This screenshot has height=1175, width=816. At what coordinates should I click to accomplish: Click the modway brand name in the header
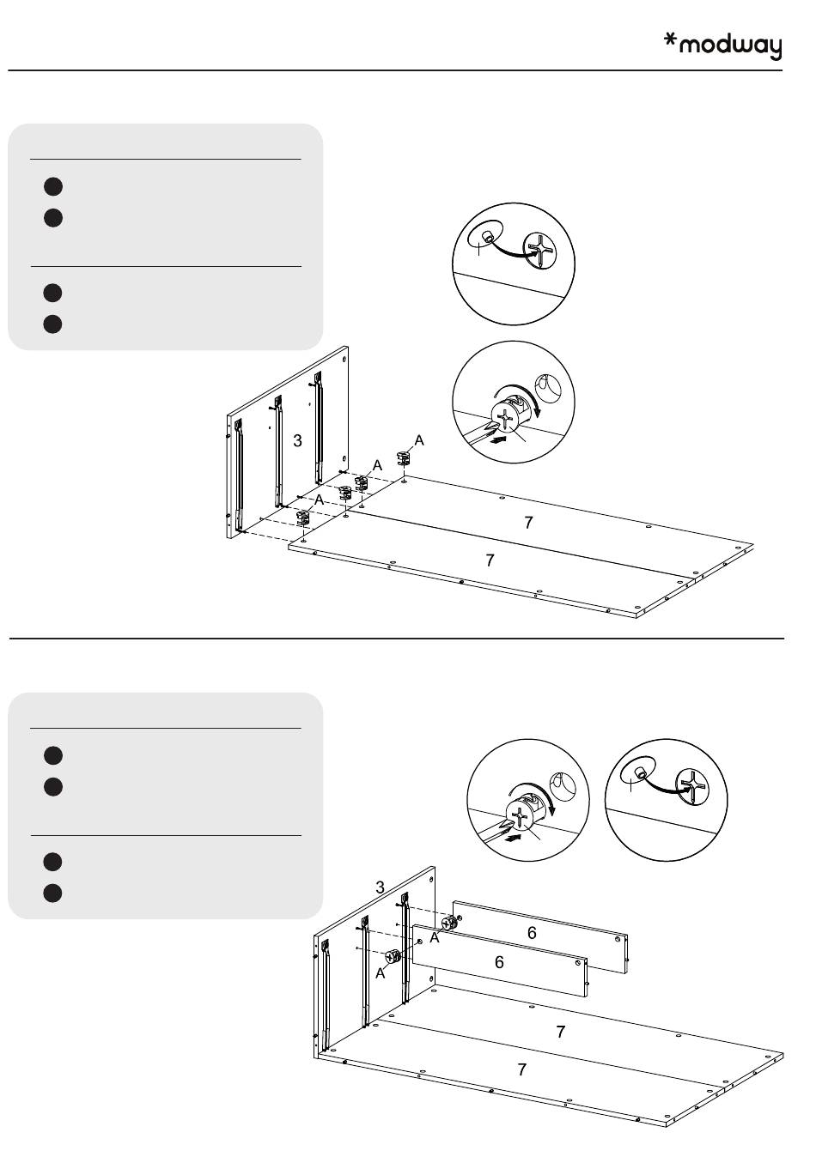[731, 46]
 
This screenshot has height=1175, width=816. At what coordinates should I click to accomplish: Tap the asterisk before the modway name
[672, 41]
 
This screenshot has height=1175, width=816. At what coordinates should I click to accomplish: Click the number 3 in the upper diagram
[297, 441]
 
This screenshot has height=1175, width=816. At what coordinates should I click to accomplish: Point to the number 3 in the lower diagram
[380, 887]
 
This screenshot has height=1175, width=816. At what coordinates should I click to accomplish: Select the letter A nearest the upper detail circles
[419, 440]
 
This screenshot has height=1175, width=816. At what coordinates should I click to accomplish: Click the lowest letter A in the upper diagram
[319, 500]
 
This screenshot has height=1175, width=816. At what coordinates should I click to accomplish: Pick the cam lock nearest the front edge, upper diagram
[303, 517]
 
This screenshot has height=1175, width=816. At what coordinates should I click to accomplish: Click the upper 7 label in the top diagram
[529, 522]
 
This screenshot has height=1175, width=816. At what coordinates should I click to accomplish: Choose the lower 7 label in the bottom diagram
[521, 1069]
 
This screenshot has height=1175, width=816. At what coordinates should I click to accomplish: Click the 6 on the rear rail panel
[532, 933]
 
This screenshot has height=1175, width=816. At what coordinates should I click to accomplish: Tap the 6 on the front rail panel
[499, 962]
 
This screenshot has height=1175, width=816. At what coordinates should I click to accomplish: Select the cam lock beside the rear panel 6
[448, 924]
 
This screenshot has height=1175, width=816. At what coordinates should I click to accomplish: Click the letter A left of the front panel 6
[380, 973]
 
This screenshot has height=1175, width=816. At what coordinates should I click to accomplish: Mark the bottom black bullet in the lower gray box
[52, 893]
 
